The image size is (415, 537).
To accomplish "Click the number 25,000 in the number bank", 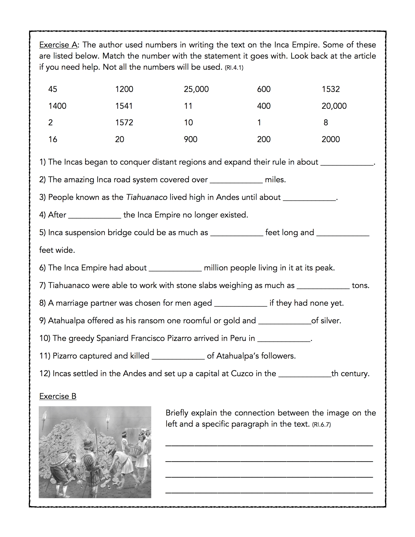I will pos(196,89).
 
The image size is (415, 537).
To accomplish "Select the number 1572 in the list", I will pos(124,123).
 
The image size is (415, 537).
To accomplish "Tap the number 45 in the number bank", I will pos(53,89).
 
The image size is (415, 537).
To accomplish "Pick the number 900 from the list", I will pos(191,139).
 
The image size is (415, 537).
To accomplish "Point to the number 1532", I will pos(331,89).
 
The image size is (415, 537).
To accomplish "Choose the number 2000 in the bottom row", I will pos(331,139).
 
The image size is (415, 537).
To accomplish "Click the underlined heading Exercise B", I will pos(58,397).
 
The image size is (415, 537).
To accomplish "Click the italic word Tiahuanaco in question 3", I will pos(147,197).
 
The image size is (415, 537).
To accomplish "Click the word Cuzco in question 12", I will pos(242,373).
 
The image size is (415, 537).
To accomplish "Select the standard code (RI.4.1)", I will pos(234,68).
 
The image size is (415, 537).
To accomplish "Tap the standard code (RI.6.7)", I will pos(321,425).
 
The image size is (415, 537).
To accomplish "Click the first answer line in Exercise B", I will pos(269,445).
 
